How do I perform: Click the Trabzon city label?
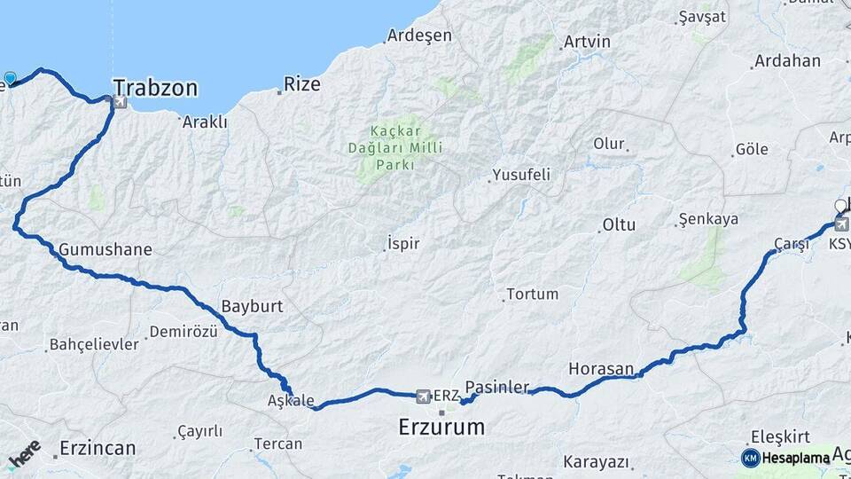pos(155,88)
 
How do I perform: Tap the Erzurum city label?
pos(441,427)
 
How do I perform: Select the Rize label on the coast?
pos(301,85)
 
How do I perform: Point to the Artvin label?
pos(587,42)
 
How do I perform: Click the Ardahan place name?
pos(786,61)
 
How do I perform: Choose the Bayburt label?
pos(252,306)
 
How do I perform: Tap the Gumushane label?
pos(105,249)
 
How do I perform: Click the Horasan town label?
pos(601,368)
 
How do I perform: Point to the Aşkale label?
pos(291,401)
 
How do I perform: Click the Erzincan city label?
pos(98,448)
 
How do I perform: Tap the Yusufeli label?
pos(521,175)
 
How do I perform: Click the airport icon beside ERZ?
pos(422,395)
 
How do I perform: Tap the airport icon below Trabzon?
pos(120,103)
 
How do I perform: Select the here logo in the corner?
pos(25,453)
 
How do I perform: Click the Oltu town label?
pos(619,224)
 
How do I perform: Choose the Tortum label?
pos(532,294)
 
